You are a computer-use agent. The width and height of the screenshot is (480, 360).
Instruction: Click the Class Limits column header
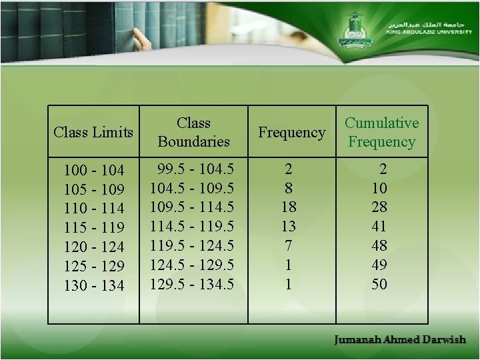point(93,132)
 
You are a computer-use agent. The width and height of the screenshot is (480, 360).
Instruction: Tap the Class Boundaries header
point(193,132)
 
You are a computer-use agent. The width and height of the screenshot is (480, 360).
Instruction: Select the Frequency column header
point(291,133)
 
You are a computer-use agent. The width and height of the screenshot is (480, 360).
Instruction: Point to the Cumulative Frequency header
point(381,132)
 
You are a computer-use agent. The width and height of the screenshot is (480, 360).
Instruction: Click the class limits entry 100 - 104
point(94,169)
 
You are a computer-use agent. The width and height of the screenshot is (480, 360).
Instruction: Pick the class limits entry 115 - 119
point(94,227)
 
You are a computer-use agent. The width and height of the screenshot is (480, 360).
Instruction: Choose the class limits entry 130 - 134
point(94,285)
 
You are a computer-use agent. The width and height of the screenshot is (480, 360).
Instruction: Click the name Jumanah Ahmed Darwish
point(400,340)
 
